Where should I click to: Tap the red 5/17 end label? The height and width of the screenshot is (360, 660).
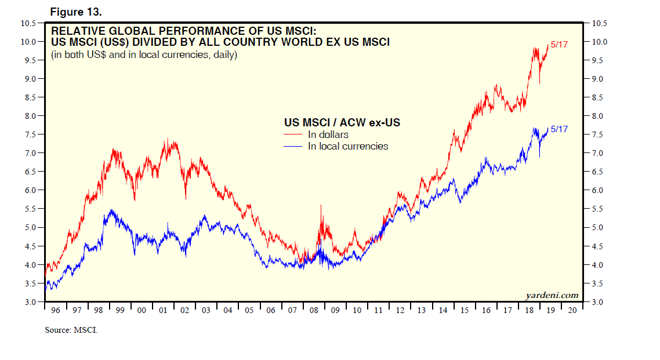559,45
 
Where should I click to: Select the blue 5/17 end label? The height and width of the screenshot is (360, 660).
559,129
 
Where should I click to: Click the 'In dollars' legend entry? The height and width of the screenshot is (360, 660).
328,135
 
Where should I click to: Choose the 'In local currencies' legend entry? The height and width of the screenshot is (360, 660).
347,146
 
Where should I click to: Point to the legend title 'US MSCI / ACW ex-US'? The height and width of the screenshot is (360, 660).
342,123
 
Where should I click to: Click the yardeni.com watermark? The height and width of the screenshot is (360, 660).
552,295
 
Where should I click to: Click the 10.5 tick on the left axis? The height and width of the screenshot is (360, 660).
29,23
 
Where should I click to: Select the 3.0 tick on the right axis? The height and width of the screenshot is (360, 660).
599,302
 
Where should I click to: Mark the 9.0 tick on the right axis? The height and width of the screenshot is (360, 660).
599,79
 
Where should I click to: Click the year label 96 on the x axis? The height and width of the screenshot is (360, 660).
55,311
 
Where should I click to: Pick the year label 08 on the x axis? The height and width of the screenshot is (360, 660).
314,311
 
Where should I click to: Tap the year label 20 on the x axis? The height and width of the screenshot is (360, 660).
572,311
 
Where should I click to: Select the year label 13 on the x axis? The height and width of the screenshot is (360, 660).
421,311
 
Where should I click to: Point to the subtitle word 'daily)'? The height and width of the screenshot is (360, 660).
223,55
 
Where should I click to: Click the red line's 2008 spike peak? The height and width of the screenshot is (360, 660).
321,205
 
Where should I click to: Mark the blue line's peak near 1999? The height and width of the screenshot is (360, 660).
111,210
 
